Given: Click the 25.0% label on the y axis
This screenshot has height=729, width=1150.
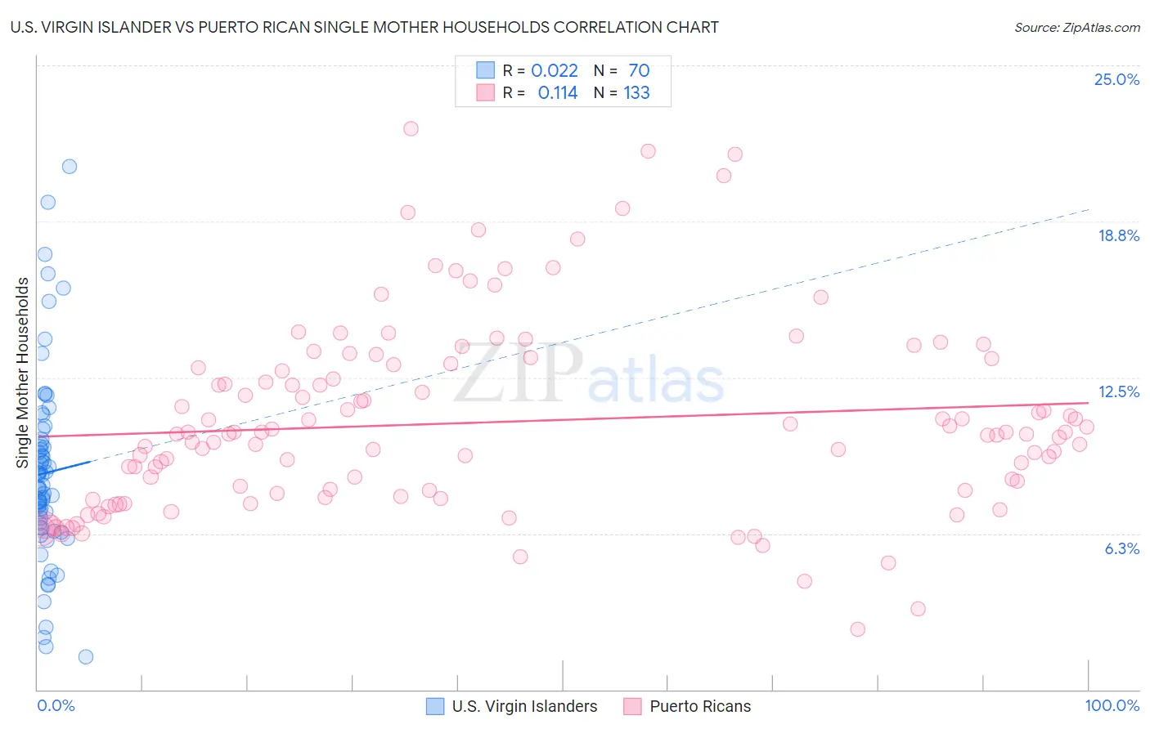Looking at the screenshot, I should point(1116,79).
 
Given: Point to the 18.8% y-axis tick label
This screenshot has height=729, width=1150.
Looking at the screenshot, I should point(1118,235).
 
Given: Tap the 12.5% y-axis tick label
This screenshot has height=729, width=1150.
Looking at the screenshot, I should point(1118,391).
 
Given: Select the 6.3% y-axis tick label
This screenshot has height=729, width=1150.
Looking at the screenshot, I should point(1121,548).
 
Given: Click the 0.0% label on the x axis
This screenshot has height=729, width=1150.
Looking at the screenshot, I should point(56,705).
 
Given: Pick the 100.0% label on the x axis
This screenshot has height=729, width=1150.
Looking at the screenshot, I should point(1112,705).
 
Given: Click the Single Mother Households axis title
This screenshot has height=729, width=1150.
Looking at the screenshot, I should point(23,373).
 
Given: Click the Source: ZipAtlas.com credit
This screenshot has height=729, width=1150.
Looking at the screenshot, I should point(1076,27).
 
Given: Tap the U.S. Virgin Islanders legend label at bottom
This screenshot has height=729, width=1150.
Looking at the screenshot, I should point(524,706).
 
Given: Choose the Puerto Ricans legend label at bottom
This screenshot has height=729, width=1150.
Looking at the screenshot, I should point(700,706).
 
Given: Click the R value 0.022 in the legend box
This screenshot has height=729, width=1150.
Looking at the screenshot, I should point(555,70).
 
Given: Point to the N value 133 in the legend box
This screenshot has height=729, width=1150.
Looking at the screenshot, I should point(636,92).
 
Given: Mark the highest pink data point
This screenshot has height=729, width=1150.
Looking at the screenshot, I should point(411,128).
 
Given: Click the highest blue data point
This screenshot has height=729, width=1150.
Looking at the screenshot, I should point(70,166).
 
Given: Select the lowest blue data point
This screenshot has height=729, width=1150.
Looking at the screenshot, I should point(86,656).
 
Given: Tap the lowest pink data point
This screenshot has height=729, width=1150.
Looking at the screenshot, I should point(857,628).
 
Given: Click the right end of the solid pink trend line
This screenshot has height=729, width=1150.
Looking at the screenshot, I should point(1089,403).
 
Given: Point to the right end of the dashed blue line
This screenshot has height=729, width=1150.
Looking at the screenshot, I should point(1089,209).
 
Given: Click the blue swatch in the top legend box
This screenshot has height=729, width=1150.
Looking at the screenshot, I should point(486,70).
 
